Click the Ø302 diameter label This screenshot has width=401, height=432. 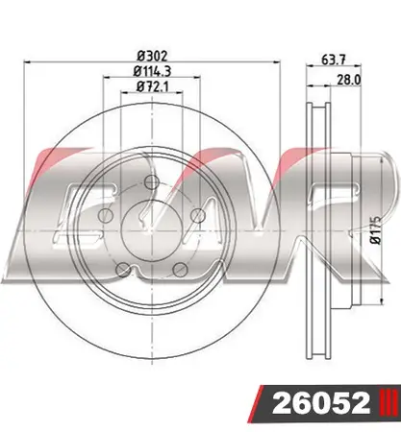point(152,57)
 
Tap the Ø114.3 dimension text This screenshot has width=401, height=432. point(152,71)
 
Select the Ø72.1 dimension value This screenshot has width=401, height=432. point(152,86)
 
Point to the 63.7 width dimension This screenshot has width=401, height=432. point(334,60)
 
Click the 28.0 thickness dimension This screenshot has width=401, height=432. point(349,80)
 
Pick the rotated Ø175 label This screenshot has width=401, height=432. point(375,230)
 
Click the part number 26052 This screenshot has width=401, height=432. point(321,403)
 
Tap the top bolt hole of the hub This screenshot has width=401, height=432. point(152,182)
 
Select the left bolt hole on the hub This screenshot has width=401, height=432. point(105,215)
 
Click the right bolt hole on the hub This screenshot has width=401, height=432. point(198,215)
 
